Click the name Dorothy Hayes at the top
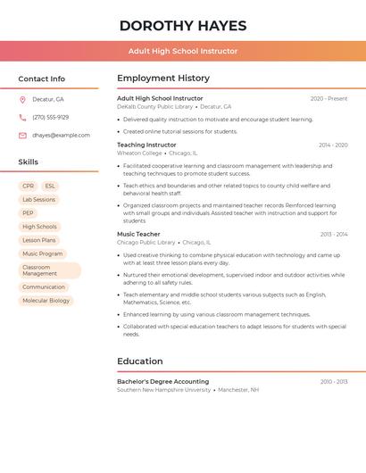(x=183, y=26)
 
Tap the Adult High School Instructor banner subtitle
(x=183, y=51)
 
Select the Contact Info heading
(x=42, y=79)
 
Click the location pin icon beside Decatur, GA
(x=22, y=99)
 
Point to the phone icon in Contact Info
(x=22, y=117)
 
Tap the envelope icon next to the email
(x=22, y=136)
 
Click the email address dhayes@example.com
(x=62, y=136)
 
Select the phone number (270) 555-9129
(x=51, y=117)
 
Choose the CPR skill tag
(x=29, y=187)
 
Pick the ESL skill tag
(x=50, y=187)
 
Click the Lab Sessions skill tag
(x=38, y=200)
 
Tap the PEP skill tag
(x=29, y=213)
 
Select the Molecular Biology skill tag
(x=46, y=301)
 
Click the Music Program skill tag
(x=43, y=253)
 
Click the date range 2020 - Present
(x=329, y=98)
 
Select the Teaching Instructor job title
(x=146, y=145)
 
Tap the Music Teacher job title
(x=138, y=234)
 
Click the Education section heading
(x=139, y=361)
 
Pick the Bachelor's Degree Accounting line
(x=162, y=381)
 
